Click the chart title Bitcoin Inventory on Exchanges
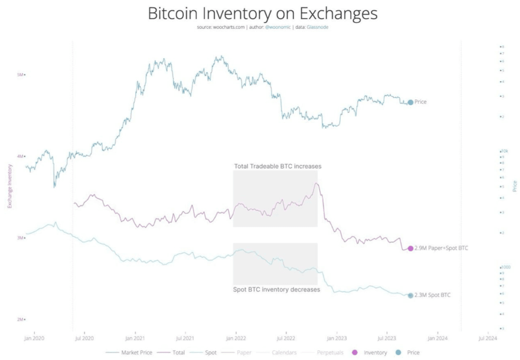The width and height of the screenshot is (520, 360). click(262, 13)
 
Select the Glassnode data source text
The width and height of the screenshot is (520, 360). click(318, 28)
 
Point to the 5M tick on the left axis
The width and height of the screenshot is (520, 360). click(20, 75)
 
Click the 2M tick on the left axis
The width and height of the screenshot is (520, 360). click(20, 319)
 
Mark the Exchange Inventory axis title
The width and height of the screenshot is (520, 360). click(9, 186)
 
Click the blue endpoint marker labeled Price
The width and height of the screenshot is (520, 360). click(410, 102)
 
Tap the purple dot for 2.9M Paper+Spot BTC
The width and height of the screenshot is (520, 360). click(410, 248)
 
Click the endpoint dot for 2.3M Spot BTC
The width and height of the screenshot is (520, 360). click(410, 295)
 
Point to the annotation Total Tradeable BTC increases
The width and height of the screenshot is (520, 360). click(277, 166)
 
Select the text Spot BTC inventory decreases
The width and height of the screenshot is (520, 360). click(277, 289)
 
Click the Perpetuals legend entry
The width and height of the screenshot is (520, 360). click(329, 352)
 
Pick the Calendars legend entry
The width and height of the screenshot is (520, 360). click(284, 352)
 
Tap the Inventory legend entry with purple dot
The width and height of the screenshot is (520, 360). click(375, 352)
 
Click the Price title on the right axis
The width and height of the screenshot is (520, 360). click(515, 186)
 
